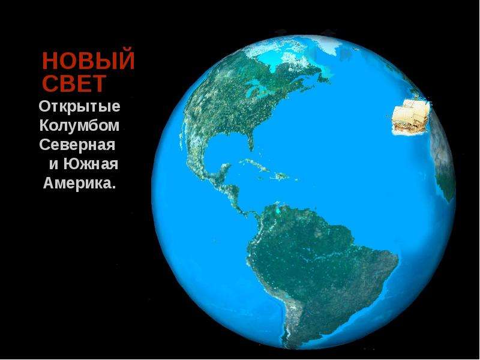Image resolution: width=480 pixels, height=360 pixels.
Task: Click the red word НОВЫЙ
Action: pos(88,61)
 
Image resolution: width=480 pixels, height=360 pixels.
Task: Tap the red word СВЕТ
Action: pos(74,83)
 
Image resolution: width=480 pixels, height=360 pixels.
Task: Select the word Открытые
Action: pos(80,107)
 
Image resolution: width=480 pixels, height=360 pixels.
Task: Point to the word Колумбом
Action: pos(79,125)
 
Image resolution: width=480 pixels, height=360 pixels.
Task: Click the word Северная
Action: pos(77,145)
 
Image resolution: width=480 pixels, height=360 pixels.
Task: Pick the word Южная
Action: pos(91,164)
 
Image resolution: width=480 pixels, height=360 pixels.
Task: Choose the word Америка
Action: pos(80,183)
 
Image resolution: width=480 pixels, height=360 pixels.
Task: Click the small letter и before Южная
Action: pos(54,164)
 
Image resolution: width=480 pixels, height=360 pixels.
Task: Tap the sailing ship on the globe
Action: pos(411,117)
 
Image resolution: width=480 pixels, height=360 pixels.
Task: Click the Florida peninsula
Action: pos(250,142)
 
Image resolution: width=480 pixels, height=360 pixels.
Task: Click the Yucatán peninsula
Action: pos(225,169)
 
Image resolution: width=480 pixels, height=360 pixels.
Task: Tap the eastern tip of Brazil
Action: pos(397,259)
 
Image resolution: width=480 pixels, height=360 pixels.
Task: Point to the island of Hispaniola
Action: pos(281,176)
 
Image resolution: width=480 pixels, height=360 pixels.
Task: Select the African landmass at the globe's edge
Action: pos(442,159)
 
